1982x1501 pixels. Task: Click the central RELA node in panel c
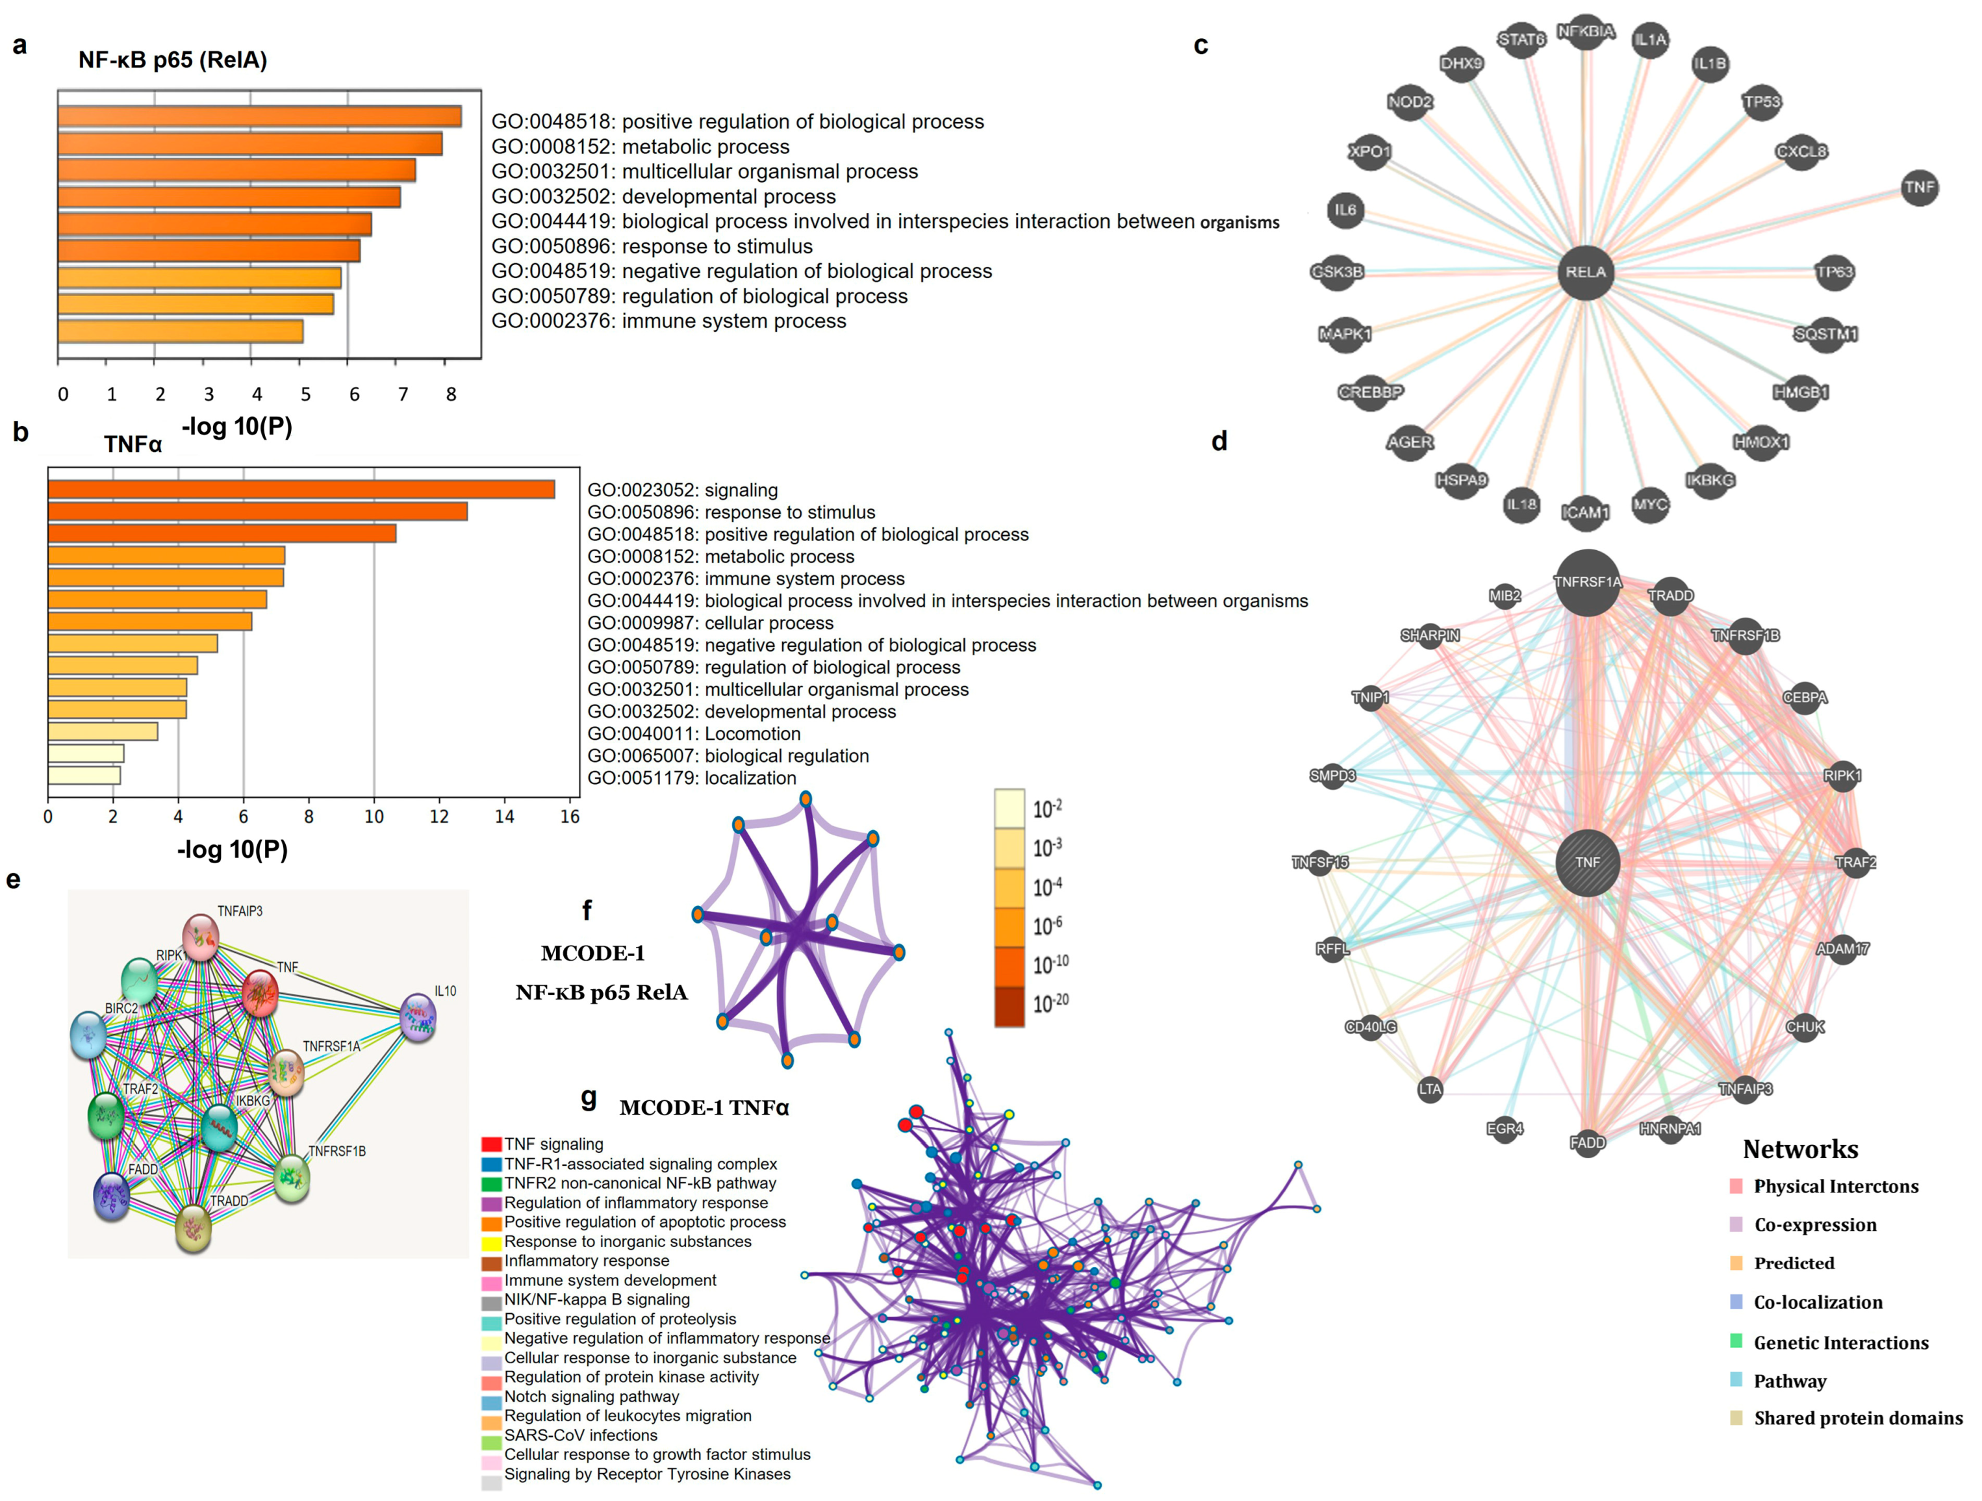click(x=1585, y=271)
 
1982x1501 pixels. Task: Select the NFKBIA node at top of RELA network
click(x=1585, y=32)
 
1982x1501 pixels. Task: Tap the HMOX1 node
click(x=1760, y=442)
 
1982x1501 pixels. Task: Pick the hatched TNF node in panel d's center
click(x=1587, y=862)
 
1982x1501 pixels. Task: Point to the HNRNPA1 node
click(x=1670, y=1128)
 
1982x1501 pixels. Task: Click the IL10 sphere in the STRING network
click(x=418, y=1017)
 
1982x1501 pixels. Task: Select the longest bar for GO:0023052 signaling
click(x=301, y=489)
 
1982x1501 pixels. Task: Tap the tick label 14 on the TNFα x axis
click(x=505, y=816)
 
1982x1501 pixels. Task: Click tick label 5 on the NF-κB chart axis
click(x=305, y=394)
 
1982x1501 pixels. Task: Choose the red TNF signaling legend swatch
click(x=491, y=1144)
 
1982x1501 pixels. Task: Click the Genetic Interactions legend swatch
click(x=1736, y=1341)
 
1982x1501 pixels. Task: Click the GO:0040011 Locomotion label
click(x=694, y=734)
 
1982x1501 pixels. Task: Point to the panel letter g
click(x=589, y=1097)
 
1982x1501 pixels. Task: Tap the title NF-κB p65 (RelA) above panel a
click(x=173, y=60)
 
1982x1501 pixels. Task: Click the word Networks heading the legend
click(x=1800, y=1149)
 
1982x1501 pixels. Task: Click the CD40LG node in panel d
click(x=1370, y=1027)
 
